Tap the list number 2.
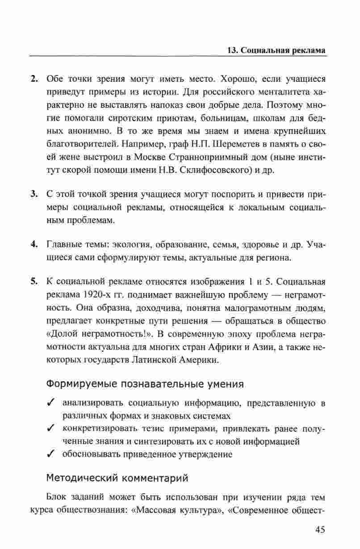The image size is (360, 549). tap(34, 79)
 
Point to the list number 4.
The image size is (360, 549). tap(34, 244)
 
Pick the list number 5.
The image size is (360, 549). tap(34, 282)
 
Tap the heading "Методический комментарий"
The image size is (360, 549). tap(117, 478)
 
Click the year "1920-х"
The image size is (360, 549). tap(95, 295)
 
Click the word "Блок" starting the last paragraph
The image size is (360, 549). tap(56, 497)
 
